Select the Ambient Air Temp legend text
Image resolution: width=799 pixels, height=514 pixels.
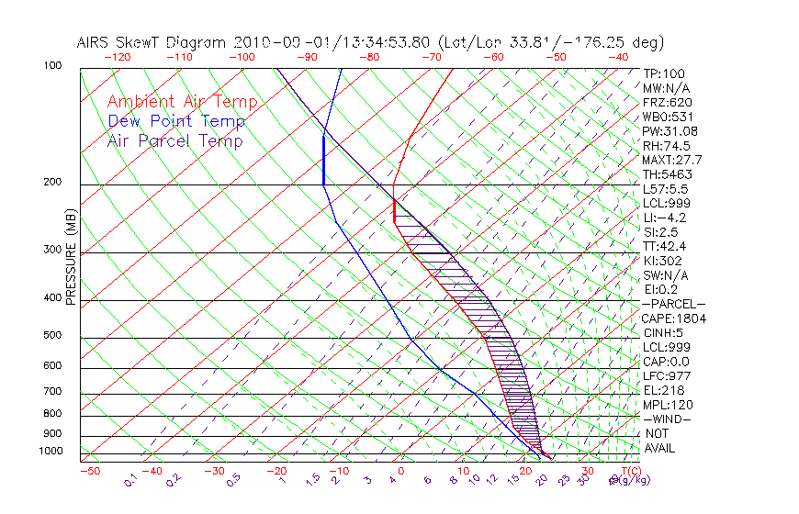[182, 102]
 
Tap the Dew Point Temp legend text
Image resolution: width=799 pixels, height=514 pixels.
[176, 121]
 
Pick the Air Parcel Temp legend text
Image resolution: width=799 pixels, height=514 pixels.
[174, 140]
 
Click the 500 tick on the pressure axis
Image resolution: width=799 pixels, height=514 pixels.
[53, 336]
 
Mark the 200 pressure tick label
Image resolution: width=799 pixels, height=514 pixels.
[53, 183]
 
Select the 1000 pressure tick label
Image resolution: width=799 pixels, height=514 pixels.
[51, 451]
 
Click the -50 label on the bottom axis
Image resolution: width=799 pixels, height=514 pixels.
[89, 472]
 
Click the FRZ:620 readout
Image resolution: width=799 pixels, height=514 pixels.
[667, 103]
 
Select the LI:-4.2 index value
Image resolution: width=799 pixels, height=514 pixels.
[664, 218]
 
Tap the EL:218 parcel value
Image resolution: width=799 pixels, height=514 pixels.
[662, 390]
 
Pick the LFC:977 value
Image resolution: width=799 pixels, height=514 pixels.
[664, 375]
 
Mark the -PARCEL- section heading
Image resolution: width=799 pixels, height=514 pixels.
[674, 304]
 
